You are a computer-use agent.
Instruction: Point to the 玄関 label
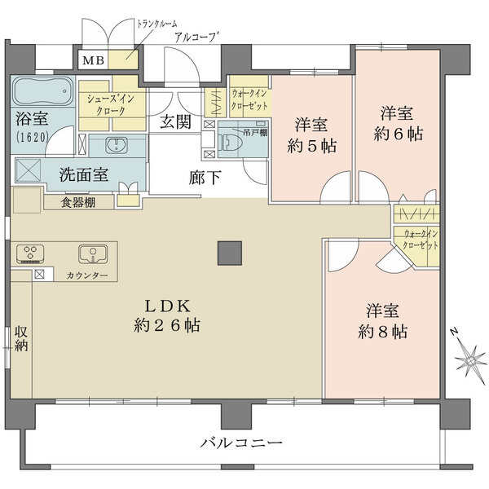[174, 123]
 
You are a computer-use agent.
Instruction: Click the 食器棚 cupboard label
[76, 202]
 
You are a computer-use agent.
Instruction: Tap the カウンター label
[87, 276]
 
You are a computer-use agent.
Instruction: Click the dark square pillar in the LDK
[228, 253]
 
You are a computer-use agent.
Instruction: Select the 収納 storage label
[20, 338]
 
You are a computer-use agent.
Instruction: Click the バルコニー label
[241, 443]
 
